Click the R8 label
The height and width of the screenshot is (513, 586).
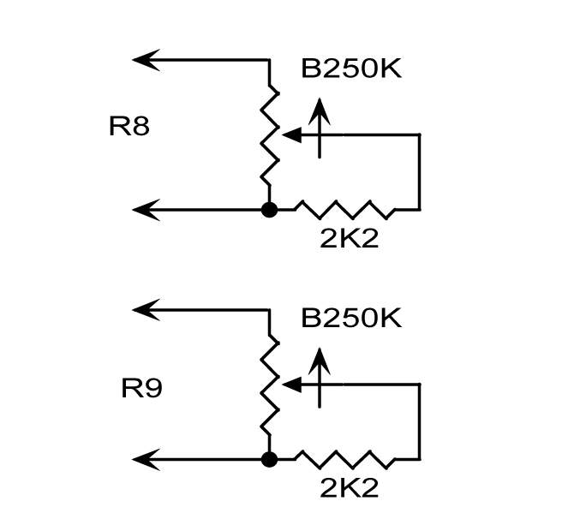(129, 126)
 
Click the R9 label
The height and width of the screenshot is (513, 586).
(141, 389)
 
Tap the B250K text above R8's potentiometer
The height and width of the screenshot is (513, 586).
(351, 69)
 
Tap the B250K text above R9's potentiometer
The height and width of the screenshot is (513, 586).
(351, 319)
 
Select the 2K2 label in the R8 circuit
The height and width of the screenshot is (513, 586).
(349, 238)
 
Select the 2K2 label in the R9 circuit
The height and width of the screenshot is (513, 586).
(349, 487)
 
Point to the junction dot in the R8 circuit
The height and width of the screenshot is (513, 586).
(269, 210)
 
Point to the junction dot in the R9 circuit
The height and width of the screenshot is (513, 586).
(269, 459)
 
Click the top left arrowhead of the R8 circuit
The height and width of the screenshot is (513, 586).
(146, 60)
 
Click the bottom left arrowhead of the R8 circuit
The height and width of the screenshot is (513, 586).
(146, 210)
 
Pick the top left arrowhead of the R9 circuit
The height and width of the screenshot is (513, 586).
(146, 309)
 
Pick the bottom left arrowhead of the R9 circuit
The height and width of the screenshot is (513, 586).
(146, 459)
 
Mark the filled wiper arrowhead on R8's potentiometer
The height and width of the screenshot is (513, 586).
(292, 134)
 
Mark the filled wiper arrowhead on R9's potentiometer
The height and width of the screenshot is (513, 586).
(292, 385)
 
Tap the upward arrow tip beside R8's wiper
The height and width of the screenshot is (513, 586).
(320, 98)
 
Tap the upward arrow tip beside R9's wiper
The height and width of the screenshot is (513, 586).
(320, 348)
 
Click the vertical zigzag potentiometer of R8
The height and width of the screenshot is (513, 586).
(269, 134)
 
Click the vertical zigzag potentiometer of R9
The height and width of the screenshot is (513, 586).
(269, 385)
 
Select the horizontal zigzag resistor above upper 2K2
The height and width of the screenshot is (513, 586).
(344, 210)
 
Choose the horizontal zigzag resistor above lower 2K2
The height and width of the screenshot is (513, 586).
(344, 459)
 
